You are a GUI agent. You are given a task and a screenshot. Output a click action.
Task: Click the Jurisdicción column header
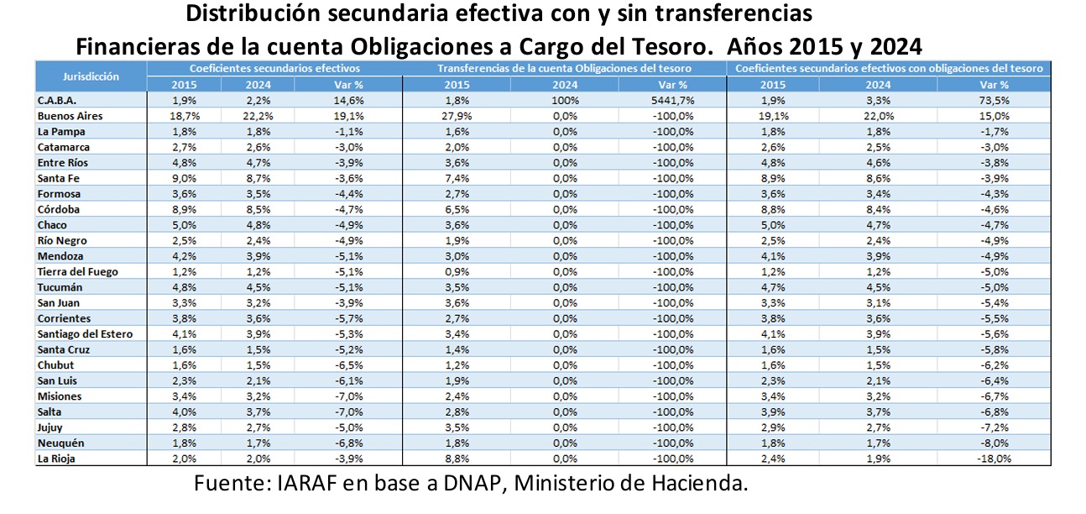[x=91, y=76]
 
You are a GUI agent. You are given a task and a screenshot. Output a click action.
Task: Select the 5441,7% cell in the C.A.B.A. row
[x=672, y=101]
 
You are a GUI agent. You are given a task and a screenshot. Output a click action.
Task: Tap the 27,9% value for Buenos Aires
[x=457, y=116]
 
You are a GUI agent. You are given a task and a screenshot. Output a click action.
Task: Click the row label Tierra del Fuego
[x=78, y=272]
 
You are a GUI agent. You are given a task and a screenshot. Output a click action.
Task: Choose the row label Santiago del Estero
[x=85, y=334]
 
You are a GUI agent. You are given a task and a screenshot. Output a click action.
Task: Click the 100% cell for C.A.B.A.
[x=565, y=101]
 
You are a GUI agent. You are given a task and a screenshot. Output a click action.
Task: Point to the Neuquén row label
[x=61, y=443]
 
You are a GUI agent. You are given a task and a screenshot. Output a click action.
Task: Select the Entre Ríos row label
[x=64, y=163]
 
